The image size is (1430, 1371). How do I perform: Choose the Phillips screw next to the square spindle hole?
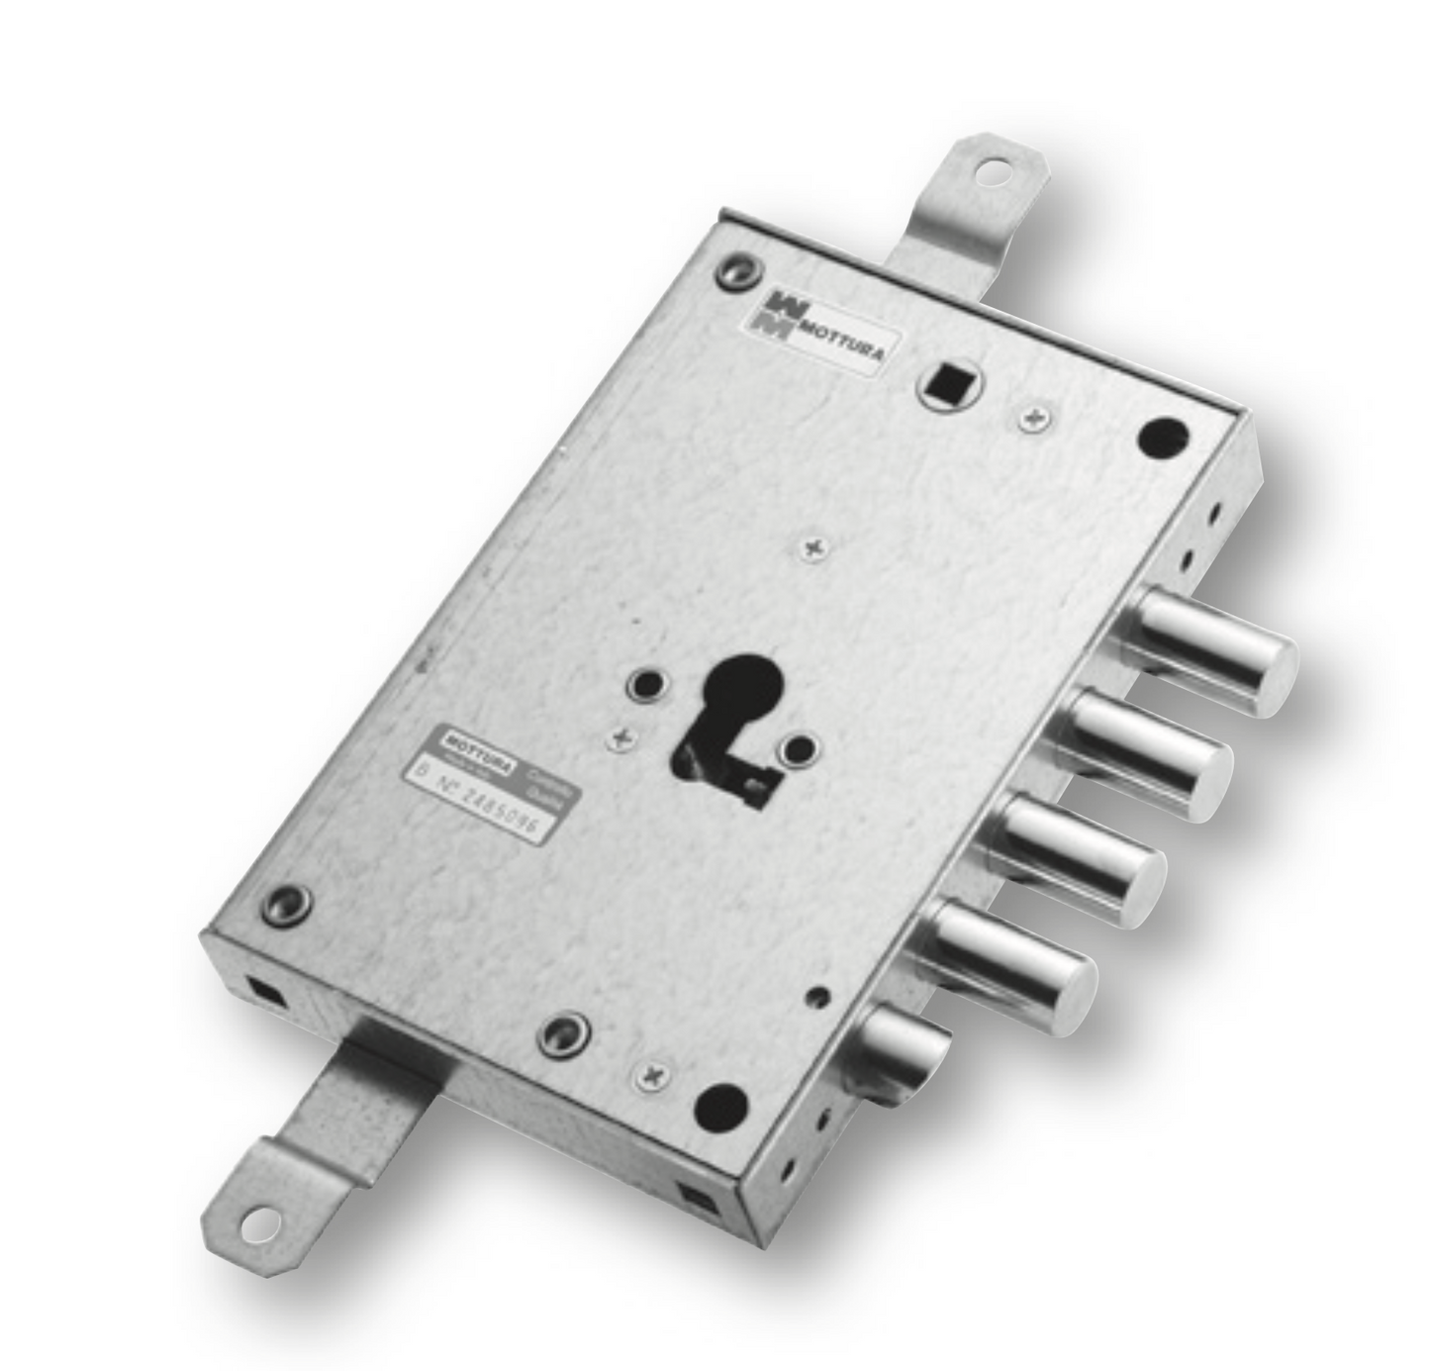[1033, 418]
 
